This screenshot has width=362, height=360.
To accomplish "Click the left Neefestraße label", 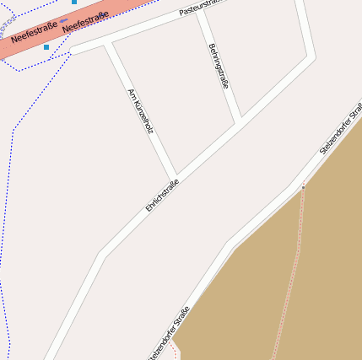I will point(35,32).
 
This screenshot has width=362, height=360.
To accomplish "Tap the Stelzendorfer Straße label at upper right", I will point(341,129).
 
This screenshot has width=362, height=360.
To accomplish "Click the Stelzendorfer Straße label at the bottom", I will point(169,333).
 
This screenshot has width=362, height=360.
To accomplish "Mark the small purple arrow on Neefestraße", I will point(63,20).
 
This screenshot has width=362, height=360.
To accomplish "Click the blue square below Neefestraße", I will point(46,47).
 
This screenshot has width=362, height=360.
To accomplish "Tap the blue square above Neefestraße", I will point(74,3).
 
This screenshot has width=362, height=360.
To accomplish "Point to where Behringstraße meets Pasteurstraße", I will point(201,15).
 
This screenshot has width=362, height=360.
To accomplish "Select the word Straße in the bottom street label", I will point(180,318).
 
